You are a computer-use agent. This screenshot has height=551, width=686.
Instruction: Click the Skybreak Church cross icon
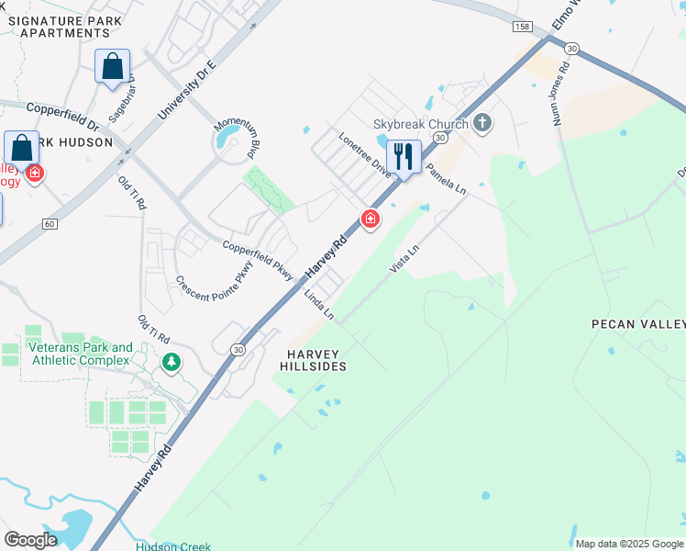tap(482, 123)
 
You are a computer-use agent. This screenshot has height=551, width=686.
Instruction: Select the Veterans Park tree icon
tap(171, 363)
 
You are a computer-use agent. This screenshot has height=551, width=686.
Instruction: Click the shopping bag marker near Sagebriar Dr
tap(113, 66)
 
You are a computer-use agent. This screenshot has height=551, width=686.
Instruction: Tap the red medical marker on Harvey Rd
tap(371, 219)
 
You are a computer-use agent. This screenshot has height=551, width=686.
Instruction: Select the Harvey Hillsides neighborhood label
tap(314, 360)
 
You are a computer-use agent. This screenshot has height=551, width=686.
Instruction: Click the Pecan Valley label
tap(638, 324)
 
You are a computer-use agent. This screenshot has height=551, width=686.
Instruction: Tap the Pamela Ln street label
tap(446, 180)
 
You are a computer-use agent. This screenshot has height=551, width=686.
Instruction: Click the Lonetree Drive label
tap(364, 152)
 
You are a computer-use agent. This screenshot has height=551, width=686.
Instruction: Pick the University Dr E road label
tap(185, 91)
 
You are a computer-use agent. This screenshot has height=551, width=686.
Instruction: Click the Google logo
tap(30, 540)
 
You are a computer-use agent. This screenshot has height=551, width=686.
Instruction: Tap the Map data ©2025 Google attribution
tap(629, 544)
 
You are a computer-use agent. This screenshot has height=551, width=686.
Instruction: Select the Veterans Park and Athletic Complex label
tap(80, 354)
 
